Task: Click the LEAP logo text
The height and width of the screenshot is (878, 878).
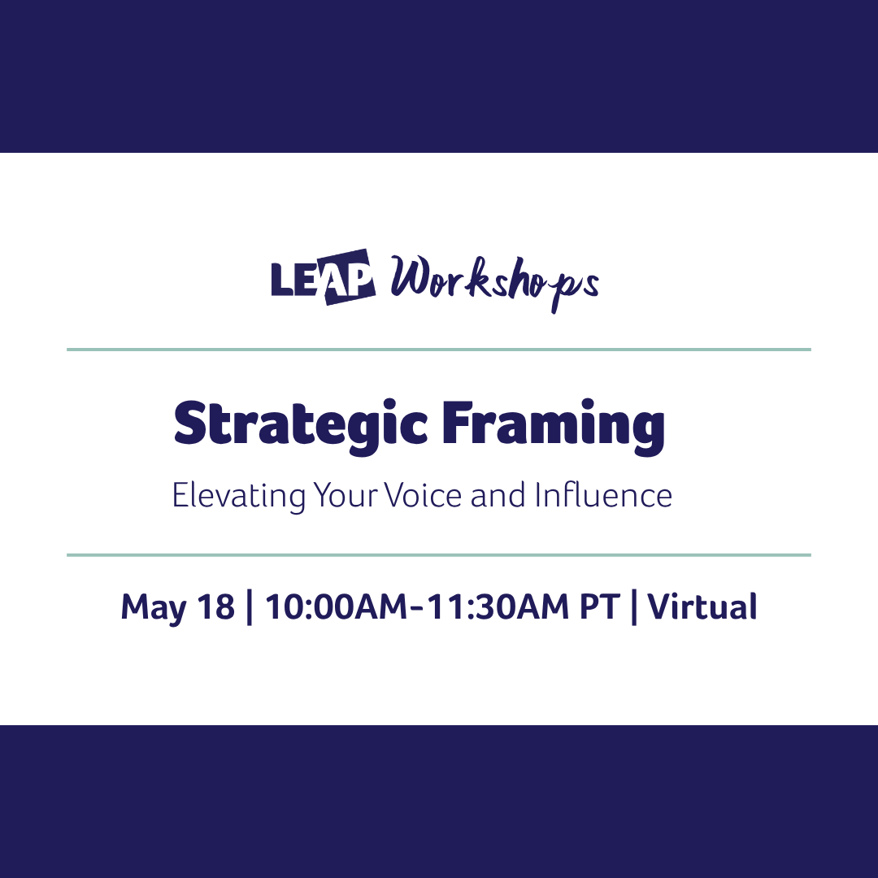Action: pyautogui.click(x=323, y=277)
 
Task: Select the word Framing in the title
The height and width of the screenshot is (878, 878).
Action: pyautogui.click(x=553, y=425)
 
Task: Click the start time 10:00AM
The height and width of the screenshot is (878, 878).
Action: pyautogui.click(x=333, y=607)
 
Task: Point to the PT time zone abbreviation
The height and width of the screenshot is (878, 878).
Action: pyautogui.click(x=599, y=607)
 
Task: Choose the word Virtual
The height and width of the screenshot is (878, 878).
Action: pyautogui.click(x=702, y=607)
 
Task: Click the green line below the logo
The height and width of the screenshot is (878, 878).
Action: pyautogui.click(x=439, y=350)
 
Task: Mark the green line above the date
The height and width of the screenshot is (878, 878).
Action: pyautogui.click(x=439, y=555)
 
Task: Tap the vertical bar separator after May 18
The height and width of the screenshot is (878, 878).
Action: pyautogui.click(x=249, y=608)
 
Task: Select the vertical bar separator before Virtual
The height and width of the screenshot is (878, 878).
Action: pyautogui.click(x=634, y=608)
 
